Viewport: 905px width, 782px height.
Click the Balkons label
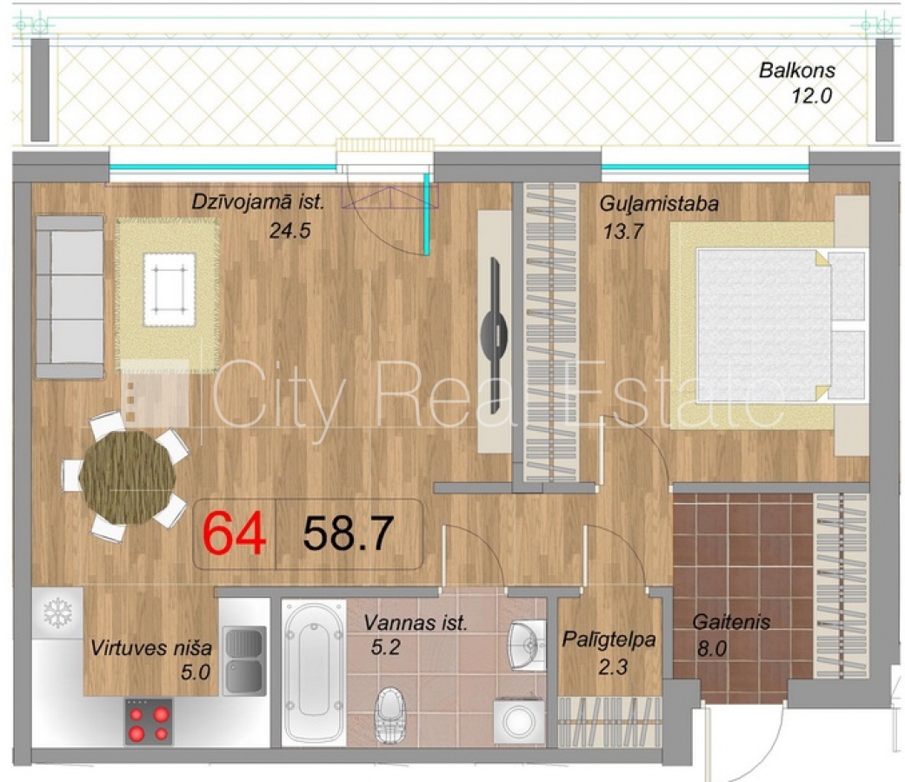(x=796, y=70)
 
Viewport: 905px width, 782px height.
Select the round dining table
(x=127, y=478)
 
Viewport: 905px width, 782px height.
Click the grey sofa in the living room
(x=70, y=296)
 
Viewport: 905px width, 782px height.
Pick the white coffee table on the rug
(x=170, y=289)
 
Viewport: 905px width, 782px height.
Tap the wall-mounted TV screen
(x=494, y=335)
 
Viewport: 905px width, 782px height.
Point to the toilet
(x=390, y=715)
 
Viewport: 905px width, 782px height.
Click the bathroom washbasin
(x=528, y=645)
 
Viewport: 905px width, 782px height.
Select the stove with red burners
(x=149, y=722)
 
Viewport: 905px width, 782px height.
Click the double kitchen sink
(x=244, y=660)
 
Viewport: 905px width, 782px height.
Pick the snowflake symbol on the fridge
(x=57, y=612)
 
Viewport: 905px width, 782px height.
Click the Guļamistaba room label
(x=659, y=204)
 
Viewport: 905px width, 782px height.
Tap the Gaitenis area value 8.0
(x=711, y=649)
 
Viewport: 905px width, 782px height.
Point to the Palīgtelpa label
(x=609, y=640)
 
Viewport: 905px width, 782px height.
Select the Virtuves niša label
(x=151, y=648)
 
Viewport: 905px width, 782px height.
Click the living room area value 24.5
(x=289, y=230)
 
